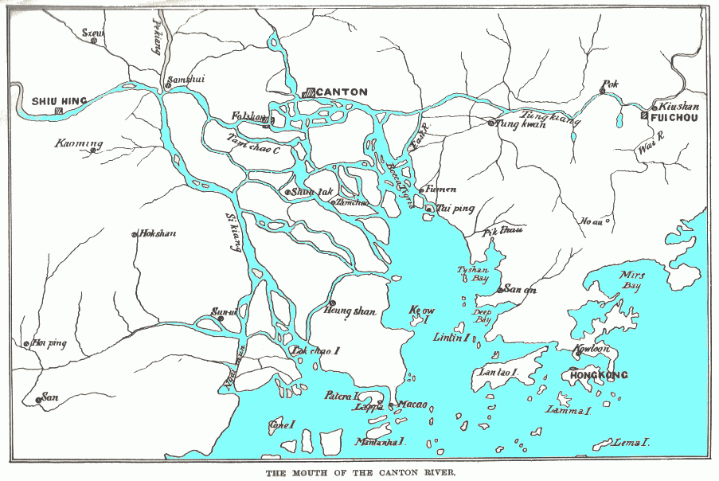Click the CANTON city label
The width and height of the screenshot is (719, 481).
pyautogui.click(x=342, y=92)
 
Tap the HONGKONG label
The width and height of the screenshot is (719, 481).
pyautogui.click(x=600, y=375)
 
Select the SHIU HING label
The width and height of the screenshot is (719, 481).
pyautogui.click(x=60, y=101)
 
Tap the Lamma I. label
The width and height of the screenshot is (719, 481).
pyautogui.click(x=568, y=411)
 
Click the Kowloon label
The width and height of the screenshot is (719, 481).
pyautogui.click(x=592, y=349)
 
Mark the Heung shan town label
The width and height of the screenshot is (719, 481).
pyautogui.click(x=349, y=311)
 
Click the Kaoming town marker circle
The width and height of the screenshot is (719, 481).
pyautogui.click(x=93, y=150)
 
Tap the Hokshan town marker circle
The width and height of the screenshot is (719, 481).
pyautogui.click(x=134, y=234)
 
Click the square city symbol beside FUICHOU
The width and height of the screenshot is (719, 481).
pyautogui.click(x=644, y=116)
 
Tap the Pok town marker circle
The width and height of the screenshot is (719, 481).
pyautogui.click(x=603, y=92)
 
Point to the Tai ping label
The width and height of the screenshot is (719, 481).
pyautogui.click(x=455, y=209)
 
